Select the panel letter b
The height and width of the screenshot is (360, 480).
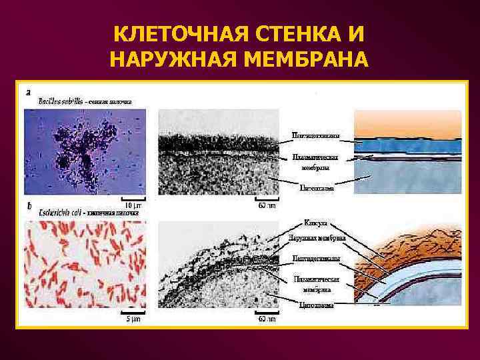click(x=27, y=207)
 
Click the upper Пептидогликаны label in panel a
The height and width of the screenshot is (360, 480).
click(x=316, y=136)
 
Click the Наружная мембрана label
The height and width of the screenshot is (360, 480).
click(x=316, y=238)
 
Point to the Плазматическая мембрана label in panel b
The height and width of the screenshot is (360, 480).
click(x=316, y=284)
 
